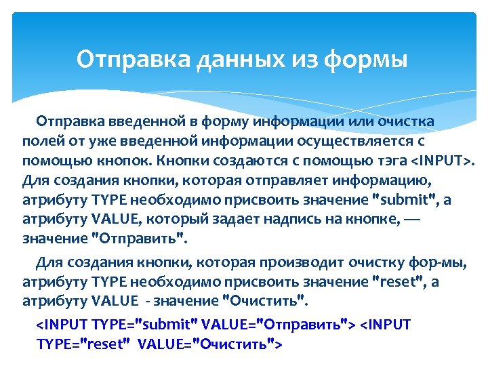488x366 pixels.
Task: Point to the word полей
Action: tap(40, 142)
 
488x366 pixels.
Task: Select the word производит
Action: tap(295, 262)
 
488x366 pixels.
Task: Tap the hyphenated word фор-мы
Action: tap(415, 262)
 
